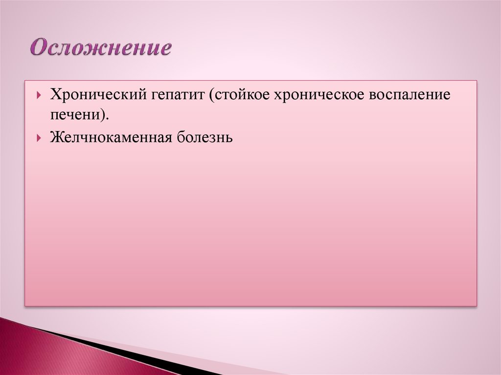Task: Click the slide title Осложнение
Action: pos(101,48)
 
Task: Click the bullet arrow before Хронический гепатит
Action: pos(39,95)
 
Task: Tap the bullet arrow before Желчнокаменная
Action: pos(39,138)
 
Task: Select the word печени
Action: pos(75,115)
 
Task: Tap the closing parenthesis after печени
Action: pos(104,114)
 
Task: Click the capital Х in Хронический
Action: pos(56,95)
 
